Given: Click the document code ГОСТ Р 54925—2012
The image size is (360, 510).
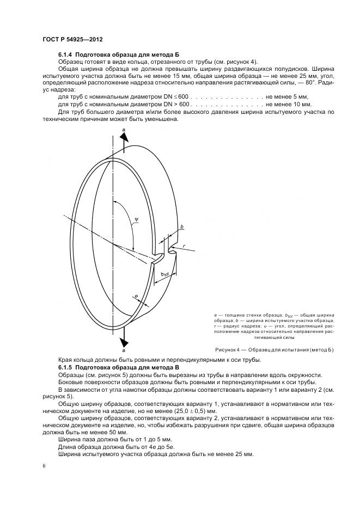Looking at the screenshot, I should coord(72,41).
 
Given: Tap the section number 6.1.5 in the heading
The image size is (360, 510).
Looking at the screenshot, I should coord(65,368).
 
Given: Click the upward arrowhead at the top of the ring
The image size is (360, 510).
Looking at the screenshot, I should coord(124,137).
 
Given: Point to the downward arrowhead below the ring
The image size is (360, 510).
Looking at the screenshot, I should coord(124,341).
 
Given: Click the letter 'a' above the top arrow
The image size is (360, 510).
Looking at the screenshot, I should coord(124,128).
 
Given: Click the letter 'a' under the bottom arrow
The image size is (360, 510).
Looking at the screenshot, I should coord(124,351).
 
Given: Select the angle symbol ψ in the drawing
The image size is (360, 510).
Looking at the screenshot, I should coord(136,220).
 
